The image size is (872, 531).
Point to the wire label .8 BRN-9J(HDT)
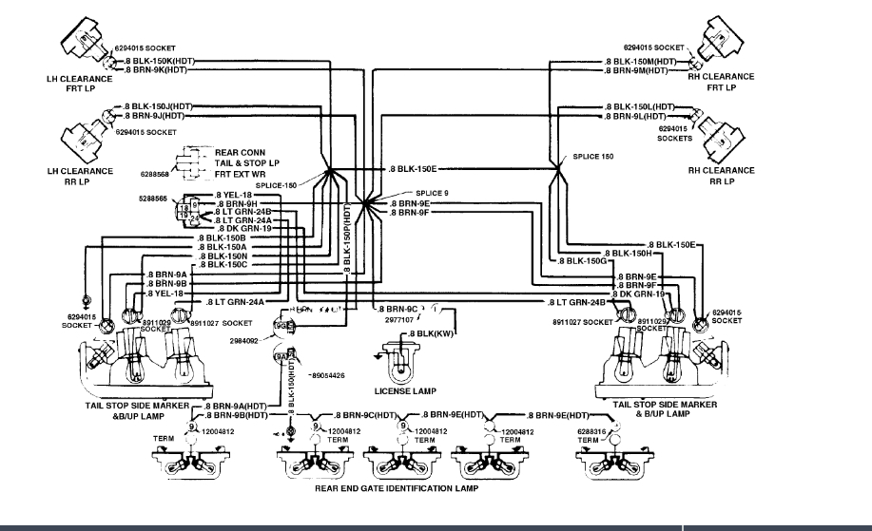153,115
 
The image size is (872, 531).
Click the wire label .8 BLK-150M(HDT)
641,61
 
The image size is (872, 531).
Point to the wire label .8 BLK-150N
223,256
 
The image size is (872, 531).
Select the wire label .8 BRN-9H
239,203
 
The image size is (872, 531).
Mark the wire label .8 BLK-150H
627,253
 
